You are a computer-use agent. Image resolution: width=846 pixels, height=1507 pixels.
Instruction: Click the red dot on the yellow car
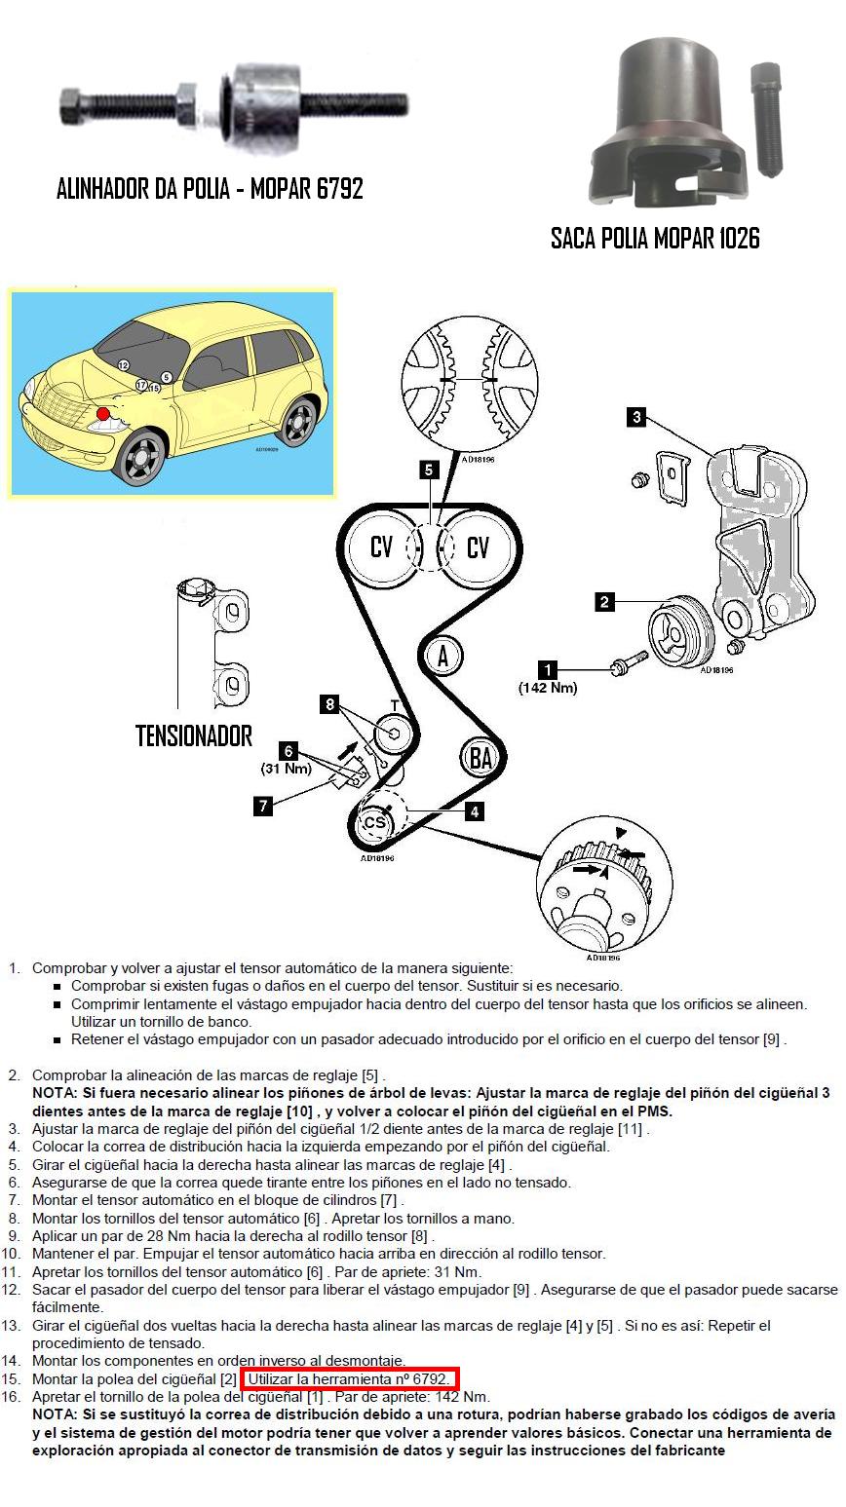click(103, 414)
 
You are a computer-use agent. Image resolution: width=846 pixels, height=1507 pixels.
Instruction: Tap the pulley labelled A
click(443, 656)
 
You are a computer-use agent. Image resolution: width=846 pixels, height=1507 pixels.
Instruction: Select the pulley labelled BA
click(481, 757)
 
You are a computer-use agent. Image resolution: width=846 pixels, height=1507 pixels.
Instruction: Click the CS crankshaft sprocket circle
click(374, 823)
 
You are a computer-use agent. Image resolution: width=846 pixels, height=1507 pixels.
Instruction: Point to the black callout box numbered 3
click(636, 418)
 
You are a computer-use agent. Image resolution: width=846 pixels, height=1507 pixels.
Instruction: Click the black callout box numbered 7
click(263, 806)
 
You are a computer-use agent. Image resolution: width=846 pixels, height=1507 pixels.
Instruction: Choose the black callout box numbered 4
click(475, 810)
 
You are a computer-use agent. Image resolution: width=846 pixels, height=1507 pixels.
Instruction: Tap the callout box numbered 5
click(429, 471)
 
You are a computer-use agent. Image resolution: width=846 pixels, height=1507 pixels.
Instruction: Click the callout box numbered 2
click(604, 602)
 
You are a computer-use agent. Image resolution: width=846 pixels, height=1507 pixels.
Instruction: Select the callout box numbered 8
click(330, 703)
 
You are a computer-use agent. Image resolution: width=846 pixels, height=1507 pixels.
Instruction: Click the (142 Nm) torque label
click(548, 688)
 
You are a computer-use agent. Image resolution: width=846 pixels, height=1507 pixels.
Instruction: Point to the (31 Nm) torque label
click(286, 769)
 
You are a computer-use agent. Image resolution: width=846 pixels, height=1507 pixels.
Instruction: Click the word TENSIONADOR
click(194, 735)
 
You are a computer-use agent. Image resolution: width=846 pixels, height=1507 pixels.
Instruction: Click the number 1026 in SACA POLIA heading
click(731, 238)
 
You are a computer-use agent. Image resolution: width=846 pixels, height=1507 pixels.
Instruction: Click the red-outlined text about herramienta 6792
click(350, 1379)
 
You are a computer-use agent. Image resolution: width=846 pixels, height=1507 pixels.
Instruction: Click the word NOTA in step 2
click(54, 1093)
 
